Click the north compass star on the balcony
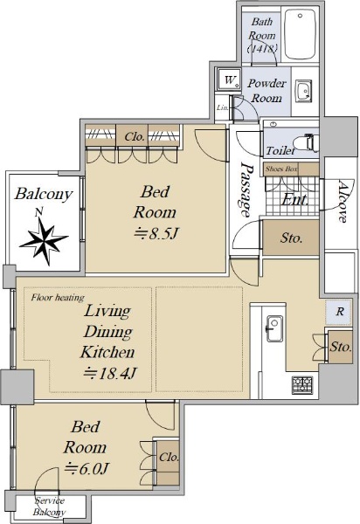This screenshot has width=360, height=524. (x=44, y=238)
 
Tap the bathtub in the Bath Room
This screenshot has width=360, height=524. (x=300, y=34)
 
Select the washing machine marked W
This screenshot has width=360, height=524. (x=229, y=79)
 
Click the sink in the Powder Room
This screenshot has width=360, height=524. (x=304, y=91)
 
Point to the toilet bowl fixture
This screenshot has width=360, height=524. (x=310, y=143)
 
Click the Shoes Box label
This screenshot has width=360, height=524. (x=281, y=169)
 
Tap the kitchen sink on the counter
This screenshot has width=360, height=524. (x=274, y=328)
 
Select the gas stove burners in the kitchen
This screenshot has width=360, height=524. (x=302, y=385)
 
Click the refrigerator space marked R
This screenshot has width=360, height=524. (x=340, y=312)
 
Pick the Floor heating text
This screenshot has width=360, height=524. (x=58, y=297)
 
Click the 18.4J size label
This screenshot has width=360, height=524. (x=110, y=373)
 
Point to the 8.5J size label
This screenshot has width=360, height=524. (x=156, y=233)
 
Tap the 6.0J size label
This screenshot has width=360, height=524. (x=87, y=468)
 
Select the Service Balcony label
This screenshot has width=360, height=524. (x=49, y=507)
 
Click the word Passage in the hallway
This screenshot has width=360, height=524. (x=246, y=190)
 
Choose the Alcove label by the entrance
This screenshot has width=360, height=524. (x=342, y=202)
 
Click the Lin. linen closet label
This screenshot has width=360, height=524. (x=222, y=108)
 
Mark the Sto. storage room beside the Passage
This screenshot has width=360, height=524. (x=291, y=238)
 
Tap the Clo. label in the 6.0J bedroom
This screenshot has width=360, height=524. (x=169, y=457)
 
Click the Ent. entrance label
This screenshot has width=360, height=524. (x=294, y=200)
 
